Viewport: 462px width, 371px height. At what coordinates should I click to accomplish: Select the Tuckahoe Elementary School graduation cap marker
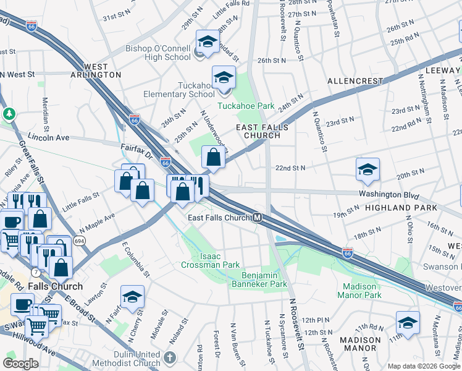coord(224,79)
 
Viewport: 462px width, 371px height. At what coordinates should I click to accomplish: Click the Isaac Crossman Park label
coord(210,260)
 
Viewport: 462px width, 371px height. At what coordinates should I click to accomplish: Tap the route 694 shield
coord(80,239)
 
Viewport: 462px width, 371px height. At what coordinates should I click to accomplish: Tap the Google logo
coord(20,364)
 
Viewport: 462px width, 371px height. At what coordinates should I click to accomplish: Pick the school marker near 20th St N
coord(367,171)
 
